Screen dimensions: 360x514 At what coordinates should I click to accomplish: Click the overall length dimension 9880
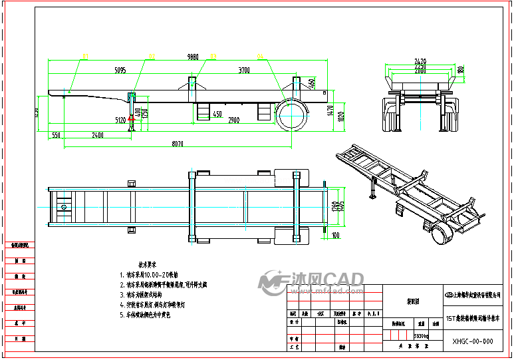(x=193, y=58)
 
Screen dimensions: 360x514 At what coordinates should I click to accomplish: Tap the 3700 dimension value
(x=244, y=70)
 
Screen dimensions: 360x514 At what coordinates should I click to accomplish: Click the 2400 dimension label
(x=97, y=135)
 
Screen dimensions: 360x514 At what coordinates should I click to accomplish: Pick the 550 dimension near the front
(x=56, y=135)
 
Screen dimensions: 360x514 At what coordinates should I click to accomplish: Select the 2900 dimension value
(x=233, y=121)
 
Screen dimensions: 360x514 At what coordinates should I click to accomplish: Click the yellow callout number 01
(x=85, y=56)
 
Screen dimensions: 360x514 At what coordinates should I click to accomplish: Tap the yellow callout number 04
(x=260, y=56)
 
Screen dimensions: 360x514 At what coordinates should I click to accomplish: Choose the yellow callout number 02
(x=152, y=56)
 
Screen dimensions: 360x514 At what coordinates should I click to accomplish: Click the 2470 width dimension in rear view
(x=420, y=62)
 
